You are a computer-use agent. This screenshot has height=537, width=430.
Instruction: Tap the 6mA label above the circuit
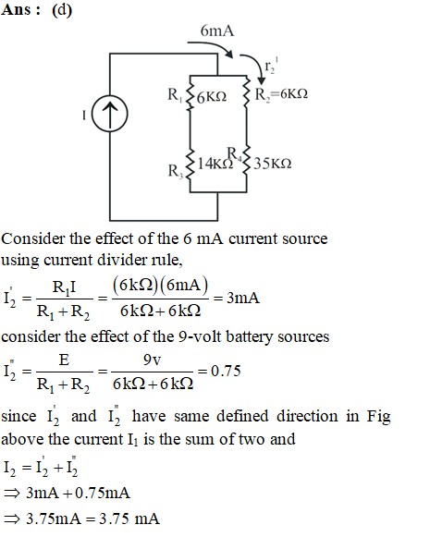click(x=217, y=31)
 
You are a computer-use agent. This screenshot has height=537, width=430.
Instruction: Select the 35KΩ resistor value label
click(x=273, y=164)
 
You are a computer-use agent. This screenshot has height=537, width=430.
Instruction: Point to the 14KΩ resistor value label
click(x=215, y=164)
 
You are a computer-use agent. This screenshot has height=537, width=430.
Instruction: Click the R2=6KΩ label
click(x=281, y=94)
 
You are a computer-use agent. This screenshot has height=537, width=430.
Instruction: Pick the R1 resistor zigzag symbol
click(x=190, y=92)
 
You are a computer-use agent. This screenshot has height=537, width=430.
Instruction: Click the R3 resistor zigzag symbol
click(x=190, y=165)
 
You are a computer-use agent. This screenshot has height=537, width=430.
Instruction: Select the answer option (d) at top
click(x=62, y=10)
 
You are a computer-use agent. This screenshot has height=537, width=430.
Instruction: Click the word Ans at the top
click(x=16, y=9)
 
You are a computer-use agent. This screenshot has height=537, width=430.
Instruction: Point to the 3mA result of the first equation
click(x=243, y=298)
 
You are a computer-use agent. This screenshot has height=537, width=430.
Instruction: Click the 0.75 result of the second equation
click(x=226, y=371)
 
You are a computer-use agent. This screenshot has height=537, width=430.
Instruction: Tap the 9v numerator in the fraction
click(x=153, y=360)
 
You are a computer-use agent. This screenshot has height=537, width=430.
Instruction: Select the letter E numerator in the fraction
click(x=64, y=360)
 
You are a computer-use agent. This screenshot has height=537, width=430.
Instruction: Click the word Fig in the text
click(x=378, y=417)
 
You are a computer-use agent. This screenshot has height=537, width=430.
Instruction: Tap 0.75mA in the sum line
click(x=103, y=494)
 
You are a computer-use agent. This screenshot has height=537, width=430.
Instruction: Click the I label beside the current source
click(x=84, y=115)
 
